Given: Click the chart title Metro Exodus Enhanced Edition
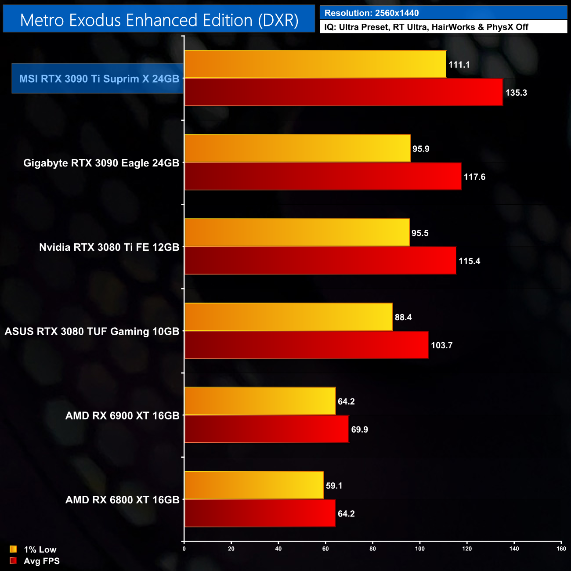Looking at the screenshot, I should [x=159, y=20].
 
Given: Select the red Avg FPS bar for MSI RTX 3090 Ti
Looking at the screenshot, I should [x=343, y=92].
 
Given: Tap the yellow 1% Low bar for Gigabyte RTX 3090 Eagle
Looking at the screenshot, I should [x=297, y=148].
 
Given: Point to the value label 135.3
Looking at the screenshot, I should [x=516, y=93].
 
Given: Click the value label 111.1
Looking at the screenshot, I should [x=459, y=65].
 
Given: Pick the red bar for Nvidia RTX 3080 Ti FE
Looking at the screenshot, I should [x=320, y=261].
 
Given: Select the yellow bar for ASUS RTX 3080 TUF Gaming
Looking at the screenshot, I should [x=289, y=317].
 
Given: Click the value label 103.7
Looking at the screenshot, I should [x=441, y=345].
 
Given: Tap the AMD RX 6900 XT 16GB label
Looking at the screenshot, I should [x=122, y=416].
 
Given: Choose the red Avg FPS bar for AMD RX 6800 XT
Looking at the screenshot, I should [x=260, y=513].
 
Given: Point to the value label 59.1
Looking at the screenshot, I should [x=334, y=486].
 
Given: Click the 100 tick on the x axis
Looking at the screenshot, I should [x=420, y=548].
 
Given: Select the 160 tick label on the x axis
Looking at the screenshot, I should [x=561, y=548].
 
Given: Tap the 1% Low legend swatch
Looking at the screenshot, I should [x=13, y=549].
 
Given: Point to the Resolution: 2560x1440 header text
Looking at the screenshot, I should [x=372, y=13].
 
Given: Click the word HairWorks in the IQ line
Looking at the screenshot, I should [x=453, y=27].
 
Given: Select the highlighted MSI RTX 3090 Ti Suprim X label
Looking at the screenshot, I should [x=99, y=79].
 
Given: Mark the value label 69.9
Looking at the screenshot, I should [x=359, y=430].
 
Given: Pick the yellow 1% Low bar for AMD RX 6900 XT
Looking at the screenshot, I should [x=260, y=401].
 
